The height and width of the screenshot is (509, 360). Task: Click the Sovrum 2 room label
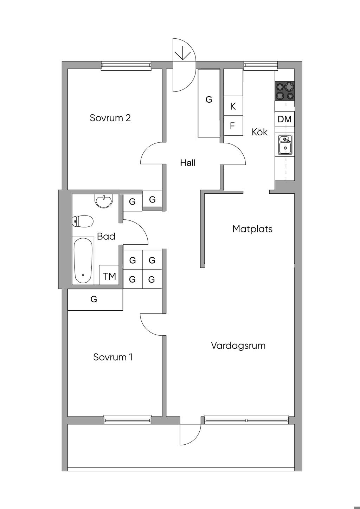point(110,118)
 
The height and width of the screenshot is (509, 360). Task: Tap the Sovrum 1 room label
point(113,357)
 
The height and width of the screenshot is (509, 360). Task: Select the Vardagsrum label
point(238,346)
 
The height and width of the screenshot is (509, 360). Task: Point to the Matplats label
point(252,229)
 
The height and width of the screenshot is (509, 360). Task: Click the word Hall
point(188,163)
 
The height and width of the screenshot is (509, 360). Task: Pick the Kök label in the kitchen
point(259,132)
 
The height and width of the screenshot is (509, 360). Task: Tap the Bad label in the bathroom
point(106,236)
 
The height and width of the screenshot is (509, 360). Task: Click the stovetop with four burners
point(284,91)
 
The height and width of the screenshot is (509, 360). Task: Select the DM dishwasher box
point(284,119)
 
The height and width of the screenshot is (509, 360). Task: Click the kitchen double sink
point(285,144)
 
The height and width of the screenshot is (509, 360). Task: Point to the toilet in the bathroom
point(83,221)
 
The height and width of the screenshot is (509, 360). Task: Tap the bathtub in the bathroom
point(83,260)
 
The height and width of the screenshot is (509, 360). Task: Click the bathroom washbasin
point(103,201)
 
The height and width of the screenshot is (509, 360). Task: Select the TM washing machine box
point(109,275)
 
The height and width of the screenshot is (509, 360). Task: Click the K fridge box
point(233,106)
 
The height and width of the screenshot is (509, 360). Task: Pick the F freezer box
point(233,125)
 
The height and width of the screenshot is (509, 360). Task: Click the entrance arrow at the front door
point(183,54)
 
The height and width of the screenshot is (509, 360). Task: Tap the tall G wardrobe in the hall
point(209,103)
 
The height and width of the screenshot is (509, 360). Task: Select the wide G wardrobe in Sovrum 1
point(95,299)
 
